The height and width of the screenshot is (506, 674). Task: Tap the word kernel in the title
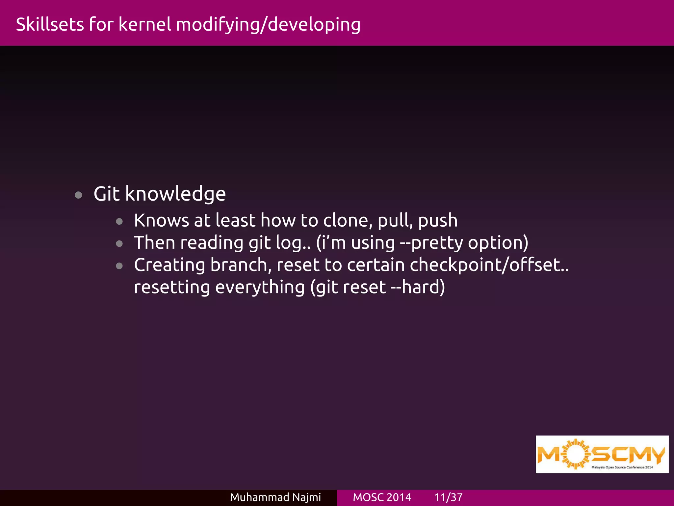(145, 25)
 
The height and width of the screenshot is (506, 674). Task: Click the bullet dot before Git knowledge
(78, 195)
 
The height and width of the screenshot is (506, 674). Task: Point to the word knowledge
(175, 194)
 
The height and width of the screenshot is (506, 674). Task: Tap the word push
(438, 221)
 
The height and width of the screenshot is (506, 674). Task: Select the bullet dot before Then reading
(119, 244)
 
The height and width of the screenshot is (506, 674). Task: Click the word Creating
(169, 265)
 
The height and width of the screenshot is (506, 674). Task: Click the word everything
(260, 287)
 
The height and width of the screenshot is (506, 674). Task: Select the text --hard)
(418, 287)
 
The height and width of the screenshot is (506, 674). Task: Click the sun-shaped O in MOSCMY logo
(575, 454)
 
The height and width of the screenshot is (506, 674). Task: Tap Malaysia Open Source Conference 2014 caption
(622, 467)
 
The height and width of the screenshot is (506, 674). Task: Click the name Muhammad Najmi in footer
(275, 497)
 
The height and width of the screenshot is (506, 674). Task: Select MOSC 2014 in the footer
(382, 497)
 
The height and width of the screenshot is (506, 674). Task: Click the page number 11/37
(448, 497)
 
